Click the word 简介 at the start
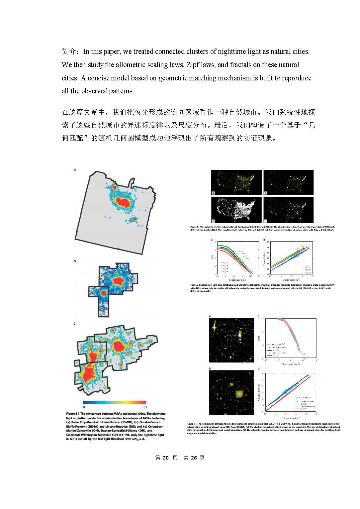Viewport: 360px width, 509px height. [69, 51]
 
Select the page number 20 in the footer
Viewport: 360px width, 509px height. [166, 458]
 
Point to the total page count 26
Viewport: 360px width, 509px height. [194, 458]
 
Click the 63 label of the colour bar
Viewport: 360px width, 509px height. [145, 407]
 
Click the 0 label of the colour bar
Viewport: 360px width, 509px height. [84, 407]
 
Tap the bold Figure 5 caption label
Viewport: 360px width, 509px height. [72, 414]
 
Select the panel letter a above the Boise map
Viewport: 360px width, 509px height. [75, 170]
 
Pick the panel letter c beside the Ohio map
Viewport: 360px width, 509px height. [75, 323]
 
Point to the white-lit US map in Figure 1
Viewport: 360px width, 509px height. [236, 210]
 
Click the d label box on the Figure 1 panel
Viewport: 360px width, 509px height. [265, 221]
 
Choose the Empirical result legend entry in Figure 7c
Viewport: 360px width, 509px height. [279, 348]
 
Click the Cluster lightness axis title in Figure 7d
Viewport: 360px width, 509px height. [259, 392]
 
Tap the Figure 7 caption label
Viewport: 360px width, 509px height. [191, 424]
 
